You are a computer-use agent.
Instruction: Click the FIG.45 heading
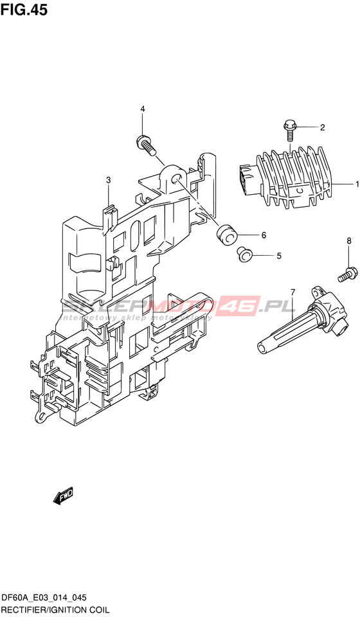24,10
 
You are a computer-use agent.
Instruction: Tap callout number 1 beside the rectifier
357,184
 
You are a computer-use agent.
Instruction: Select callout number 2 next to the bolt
322,127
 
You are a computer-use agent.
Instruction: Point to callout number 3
108,180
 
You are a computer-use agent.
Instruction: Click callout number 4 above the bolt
143,109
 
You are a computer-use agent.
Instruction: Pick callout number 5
278,256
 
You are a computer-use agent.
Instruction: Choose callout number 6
264,235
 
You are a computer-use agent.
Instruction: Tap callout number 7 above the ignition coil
292,292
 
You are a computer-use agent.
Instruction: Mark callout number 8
348,241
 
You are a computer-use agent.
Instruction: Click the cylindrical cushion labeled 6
226,235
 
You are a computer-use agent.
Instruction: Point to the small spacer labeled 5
244,254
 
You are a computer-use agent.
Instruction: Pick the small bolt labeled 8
347,274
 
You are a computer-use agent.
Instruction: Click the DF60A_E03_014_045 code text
44,598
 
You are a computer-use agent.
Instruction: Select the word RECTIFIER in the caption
22,610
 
